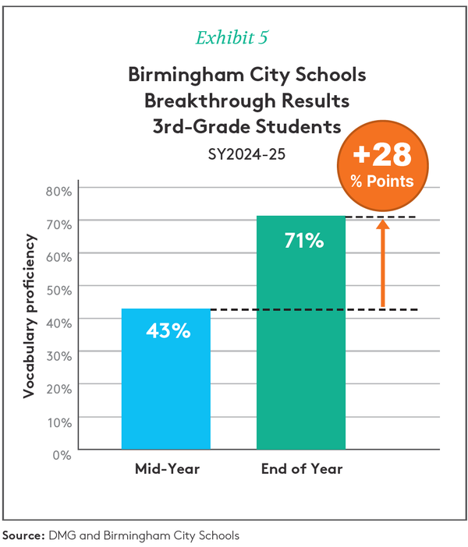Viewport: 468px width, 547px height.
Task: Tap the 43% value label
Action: tap(168, 330)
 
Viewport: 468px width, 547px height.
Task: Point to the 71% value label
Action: tap(302, 241)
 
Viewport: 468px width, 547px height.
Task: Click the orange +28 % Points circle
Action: tap(382, 166)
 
